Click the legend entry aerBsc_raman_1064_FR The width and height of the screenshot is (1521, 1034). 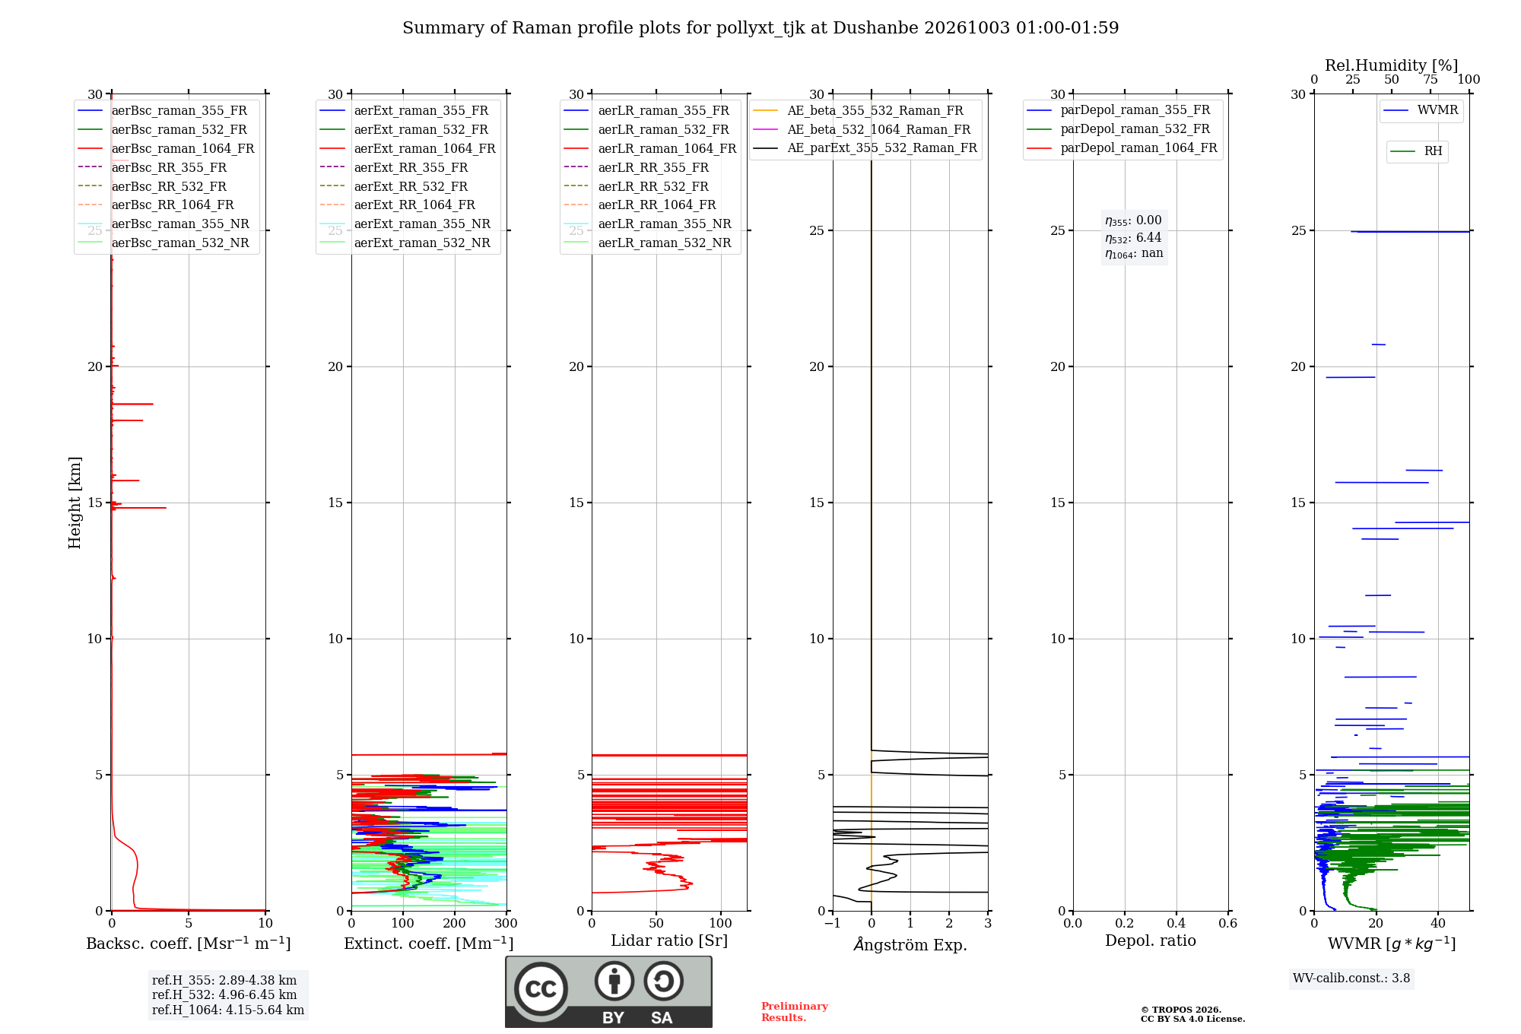[x=166, y=148]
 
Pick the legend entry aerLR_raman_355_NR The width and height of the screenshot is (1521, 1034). [x=648, y=224]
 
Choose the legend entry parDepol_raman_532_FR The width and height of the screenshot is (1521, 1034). [x=1119, y=128]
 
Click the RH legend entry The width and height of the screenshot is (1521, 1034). [x=1416, y=151]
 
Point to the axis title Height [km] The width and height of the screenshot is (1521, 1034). [x=75, y=503]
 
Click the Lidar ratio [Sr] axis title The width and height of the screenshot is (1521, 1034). [x=669, y=940]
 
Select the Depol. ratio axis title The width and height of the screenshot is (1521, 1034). [x=1151, y=940]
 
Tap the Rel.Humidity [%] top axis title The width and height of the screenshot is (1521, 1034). [x=1392, y=65]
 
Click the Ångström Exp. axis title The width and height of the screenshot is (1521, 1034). [x=910, y=944]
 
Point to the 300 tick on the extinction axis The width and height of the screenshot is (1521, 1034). [x=506, y=923]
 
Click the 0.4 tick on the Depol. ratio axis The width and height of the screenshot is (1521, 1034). [x=1176, y=923]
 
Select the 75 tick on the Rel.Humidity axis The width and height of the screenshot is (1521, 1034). [x=1431, y=79]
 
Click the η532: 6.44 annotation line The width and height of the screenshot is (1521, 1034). [x=1133, y=237]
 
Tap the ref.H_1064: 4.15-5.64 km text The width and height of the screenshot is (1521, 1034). [x=228, y=1010]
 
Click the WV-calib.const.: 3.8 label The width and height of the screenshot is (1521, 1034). [x=1351, y=978]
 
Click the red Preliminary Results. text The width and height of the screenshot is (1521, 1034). [x=795, y=1012]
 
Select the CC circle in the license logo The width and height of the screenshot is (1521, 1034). [x=541, y=989]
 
